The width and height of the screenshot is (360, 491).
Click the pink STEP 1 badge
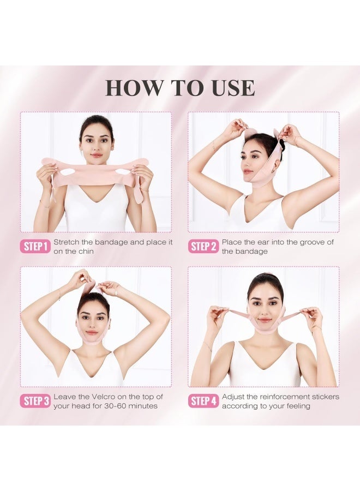36,247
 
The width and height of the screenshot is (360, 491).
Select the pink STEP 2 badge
203,247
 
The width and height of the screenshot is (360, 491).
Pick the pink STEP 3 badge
36,402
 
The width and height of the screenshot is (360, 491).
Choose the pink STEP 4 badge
203,402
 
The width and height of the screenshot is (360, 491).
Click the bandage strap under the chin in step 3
94,341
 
